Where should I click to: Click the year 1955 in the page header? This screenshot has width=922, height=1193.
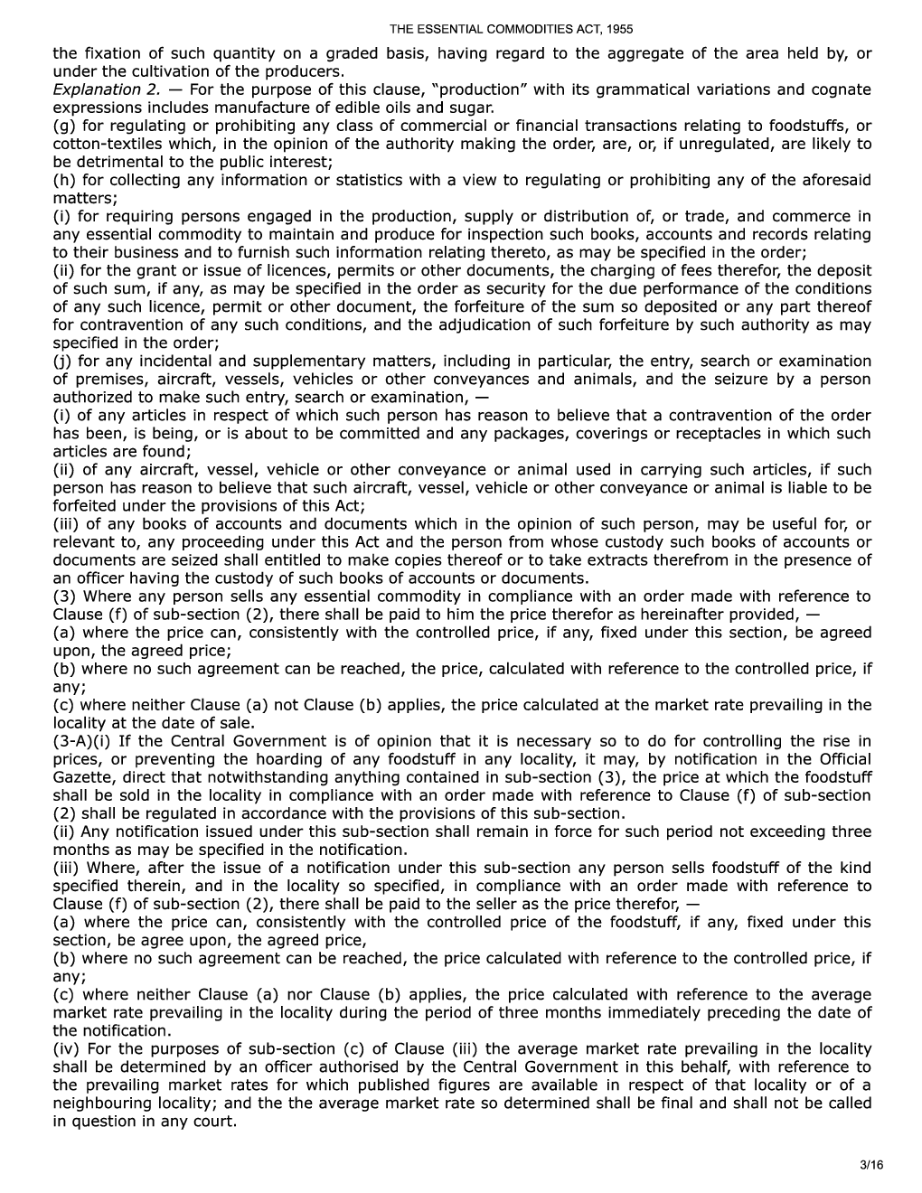point(619,29)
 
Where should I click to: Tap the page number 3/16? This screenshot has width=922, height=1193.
point(872,1166)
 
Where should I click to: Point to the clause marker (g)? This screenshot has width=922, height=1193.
point(63,126)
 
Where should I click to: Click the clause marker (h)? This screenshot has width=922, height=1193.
point(63,180)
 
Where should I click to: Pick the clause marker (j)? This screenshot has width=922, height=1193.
point(62,361)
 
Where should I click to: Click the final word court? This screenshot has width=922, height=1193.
point(215,1121)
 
